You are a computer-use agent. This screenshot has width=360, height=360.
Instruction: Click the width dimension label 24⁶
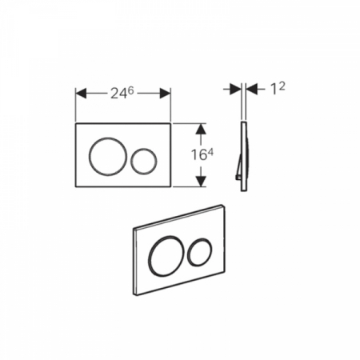point(122,93)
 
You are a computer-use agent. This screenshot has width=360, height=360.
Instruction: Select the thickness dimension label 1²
point(278,88)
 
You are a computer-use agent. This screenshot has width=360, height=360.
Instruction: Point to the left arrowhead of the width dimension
point(81,94)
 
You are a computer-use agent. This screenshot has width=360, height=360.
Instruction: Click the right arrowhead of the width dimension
point(165,94)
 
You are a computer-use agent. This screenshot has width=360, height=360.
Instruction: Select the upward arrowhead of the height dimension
point(201,129)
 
